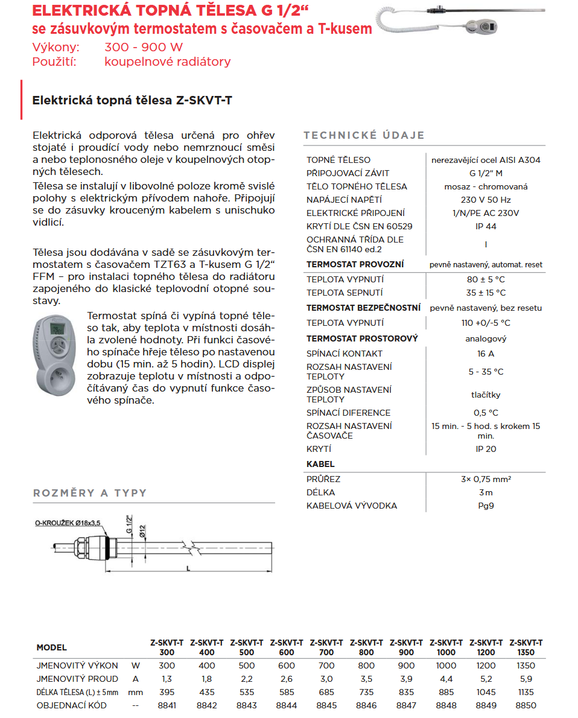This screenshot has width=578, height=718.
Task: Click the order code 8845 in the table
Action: tap(326, 705)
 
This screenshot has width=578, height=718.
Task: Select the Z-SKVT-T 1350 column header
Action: tap(526, 647)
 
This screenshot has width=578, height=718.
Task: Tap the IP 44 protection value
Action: tap(486, 226)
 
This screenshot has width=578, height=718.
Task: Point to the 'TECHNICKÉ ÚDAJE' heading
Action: tap(364, 135)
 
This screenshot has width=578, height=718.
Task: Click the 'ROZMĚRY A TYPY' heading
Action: tap(90, 493)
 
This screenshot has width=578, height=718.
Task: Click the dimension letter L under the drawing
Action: tap(188, 568)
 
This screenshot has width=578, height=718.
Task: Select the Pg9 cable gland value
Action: tap(486, 506)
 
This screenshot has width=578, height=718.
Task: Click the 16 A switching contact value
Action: tap(486, 354)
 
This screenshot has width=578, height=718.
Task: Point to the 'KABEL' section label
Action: tap(320, 464)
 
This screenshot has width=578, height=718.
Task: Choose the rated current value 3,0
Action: tap(326, 679)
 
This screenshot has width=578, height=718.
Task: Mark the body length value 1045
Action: tap(486, 692)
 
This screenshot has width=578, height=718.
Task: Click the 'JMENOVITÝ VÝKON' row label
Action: tap(77, 666)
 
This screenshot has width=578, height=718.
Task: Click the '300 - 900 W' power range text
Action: tap(144, 48)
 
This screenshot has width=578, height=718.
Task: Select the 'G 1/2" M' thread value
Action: tap(486, 173)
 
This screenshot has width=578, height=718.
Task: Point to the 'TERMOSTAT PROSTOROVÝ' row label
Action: tap(362, 338)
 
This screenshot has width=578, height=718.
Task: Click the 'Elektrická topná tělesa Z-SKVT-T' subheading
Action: tap(132, 100)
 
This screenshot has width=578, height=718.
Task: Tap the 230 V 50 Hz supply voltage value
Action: tap(486, 200)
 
